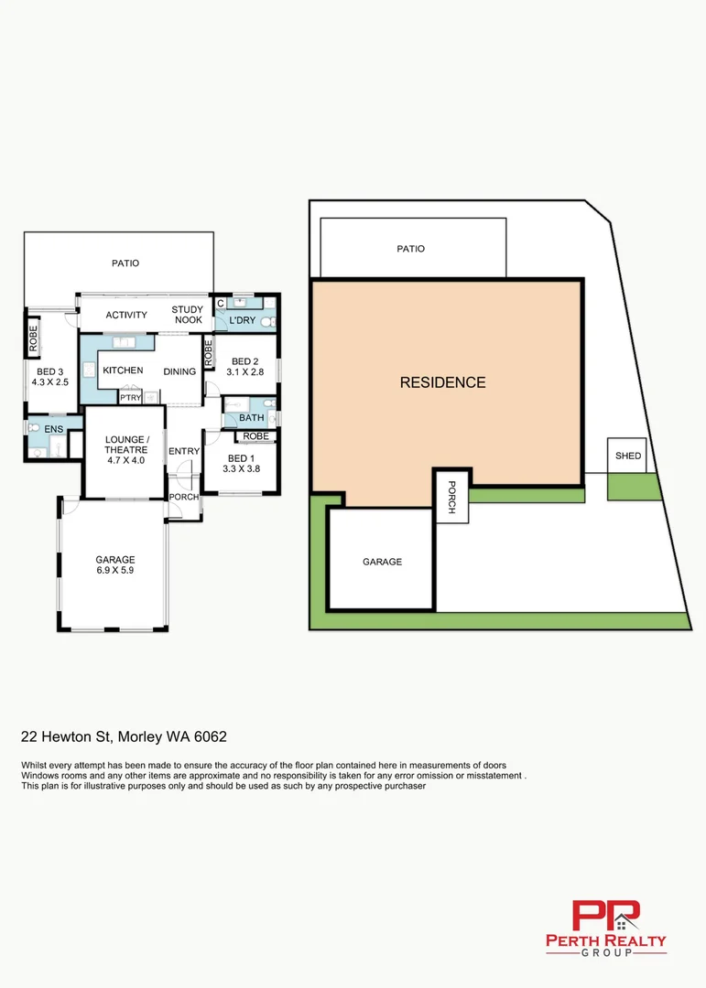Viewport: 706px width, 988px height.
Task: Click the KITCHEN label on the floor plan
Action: pyautogui.click(x=123, y=370)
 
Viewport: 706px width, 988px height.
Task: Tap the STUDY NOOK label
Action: pyautogui.click(x=188, y=315)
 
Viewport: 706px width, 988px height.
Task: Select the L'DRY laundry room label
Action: pyautogui.click(x=242, y=320)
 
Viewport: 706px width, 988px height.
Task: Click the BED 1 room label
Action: pyautogui.click(x=242, y=458)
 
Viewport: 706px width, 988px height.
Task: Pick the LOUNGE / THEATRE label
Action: pyautogui.click(x=125, y=444)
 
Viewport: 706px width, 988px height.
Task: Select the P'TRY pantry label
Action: pyautogui.click(x=130, y=398)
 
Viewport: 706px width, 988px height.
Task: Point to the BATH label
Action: pyautogui.click(x=251, y=418)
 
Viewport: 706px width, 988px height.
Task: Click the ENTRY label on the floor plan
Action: pyautogui.click(x=184, y=451)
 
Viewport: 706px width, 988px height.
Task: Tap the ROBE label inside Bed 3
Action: pyautogui.click(x=33, y=338)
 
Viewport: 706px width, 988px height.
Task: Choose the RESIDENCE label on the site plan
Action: pyautogui.click(x=442, y=382)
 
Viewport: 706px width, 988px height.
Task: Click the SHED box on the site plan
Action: pyautogui.click(x=627, y=456)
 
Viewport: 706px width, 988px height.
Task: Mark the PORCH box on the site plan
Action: pyautogui.click(x=451, y=497)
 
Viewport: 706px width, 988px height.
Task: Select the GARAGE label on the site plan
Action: pyautogui.click(x=382, y=562)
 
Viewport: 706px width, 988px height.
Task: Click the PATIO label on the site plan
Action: pyautogui.click(x=410, y=249)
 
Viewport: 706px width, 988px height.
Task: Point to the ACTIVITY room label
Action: pyautogui.click(x=126, y=316)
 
